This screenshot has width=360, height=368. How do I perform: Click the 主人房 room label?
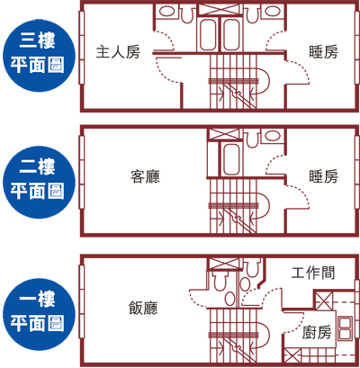pos(118,52)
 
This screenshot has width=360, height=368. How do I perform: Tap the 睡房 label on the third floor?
pos(323,52)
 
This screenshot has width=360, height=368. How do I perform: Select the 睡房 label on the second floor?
pos(323,176)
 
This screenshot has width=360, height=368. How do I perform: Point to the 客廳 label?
pos(145,176)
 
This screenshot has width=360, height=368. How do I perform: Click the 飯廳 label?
pos(143,308)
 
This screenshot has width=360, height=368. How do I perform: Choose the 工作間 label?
pos(313,273)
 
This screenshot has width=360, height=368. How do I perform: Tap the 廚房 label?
pos(317,332)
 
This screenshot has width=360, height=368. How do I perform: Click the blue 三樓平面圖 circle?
pos(39,56)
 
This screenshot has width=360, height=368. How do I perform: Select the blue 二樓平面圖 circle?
pos(39,182)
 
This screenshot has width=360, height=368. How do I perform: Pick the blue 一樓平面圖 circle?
pos(39,314)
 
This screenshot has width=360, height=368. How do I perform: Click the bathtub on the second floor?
pos(231,159)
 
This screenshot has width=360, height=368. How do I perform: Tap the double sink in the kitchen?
pos(345,328)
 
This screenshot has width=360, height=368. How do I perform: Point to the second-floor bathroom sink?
pos(273,136)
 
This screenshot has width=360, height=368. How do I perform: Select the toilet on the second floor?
pos(252,139)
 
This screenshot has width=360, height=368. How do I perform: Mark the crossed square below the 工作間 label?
pos(323,301)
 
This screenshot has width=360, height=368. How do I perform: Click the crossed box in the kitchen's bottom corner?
pos(292,356)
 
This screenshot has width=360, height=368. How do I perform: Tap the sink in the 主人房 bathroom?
pos(166,12)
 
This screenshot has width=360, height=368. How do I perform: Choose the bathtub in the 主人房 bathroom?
pos(208,34)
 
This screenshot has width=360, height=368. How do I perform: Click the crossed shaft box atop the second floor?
pos(224,134)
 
